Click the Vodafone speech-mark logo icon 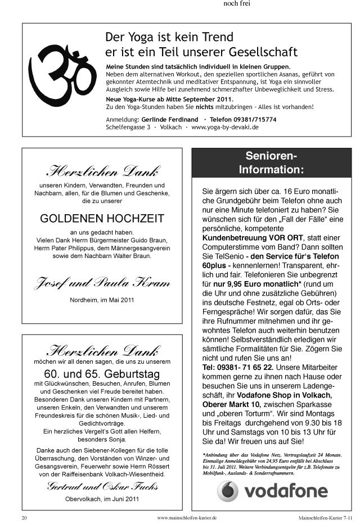point(228,491)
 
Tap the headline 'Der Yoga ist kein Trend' point(169,38)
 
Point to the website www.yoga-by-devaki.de point(225,128)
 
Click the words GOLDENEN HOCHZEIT point(102,218)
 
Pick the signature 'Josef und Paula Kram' point(102,282)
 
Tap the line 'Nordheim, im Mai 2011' point(102,300)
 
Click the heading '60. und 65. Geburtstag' point(102,374)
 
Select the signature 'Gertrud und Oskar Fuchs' point(102,486)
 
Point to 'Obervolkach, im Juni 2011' point(102,499)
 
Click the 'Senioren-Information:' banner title point(271,162)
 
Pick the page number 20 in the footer point(24,517)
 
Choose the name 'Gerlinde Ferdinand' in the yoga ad point(169,120)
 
